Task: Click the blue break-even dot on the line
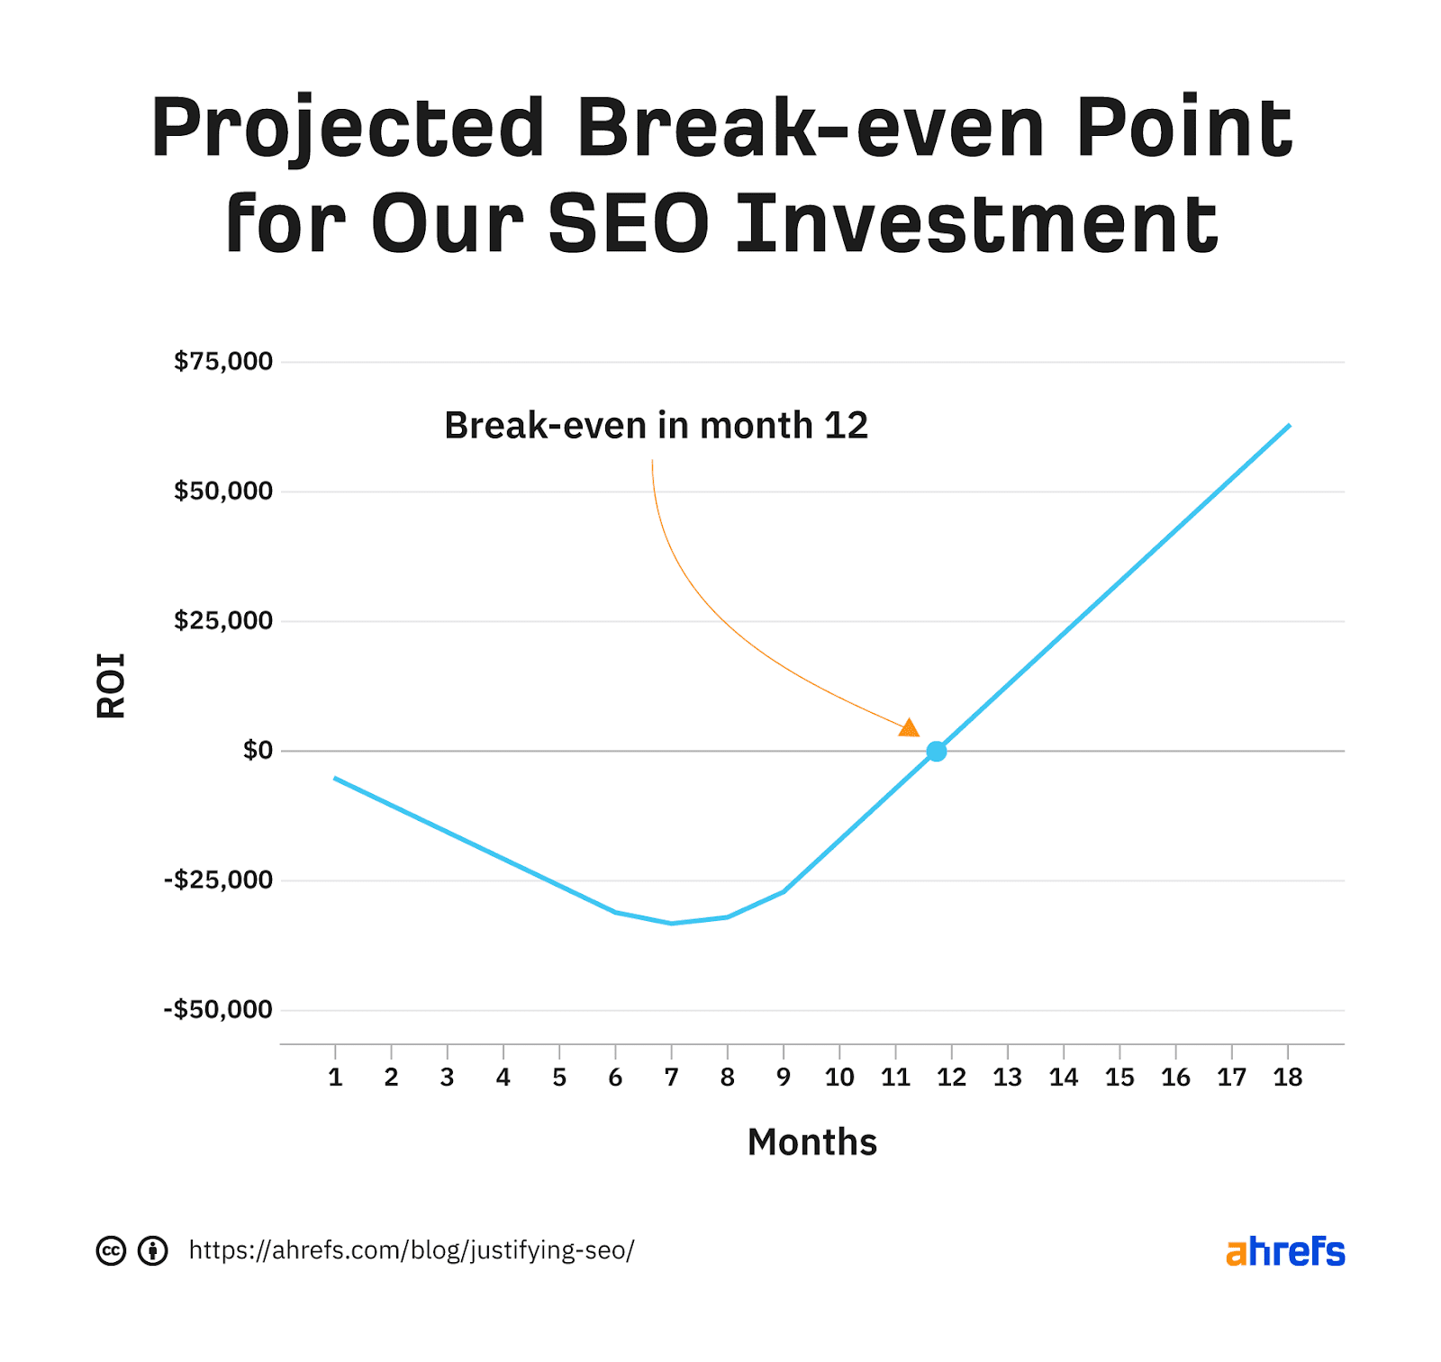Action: point(936,751)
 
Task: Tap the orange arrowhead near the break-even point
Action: point(910,727)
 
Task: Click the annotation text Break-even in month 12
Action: point(656,426)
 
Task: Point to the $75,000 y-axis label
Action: point(223,362)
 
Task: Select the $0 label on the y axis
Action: point(258,750)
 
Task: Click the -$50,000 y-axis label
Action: point(218,1009)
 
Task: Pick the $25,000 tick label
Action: point(223,620)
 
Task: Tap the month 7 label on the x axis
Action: point(671,1077)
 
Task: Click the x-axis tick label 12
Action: point(951,1077)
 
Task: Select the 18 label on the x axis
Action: point(1287,1077)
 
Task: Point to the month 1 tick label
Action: point(335,1077)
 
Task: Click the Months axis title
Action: point(811,1142)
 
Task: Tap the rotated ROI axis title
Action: point(111,685)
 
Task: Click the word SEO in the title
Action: point(629,223)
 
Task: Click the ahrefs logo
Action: point(1284,1251)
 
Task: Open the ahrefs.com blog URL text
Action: point(412,1250)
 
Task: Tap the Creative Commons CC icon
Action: point(111,1250)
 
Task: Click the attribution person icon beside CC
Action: point(153,1250)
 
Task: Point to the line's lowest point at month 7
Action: point(671,923)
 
